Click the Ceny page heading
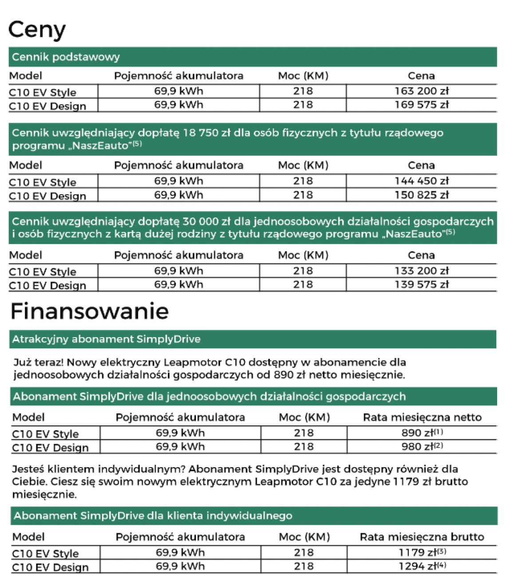[37, 30]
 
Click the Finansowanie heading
[89, 311]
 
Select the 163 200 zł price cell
[421, 91]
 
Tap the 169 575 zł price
[421, 105]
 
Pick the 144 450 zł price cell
[421, 181]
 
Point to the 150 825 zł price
[421, 195]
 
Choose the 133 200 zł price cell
[421, 271]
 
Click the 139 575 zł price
[421, 284]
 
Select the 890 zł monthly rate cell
[422, 433]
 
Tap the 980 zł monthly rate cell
[422, 446]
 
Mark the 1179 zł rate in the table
[422, 552]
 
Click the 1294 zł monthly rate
[422, 566]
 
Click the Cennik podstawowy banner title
[66, 57]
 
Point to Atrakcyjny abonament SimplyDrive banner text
[106, 339]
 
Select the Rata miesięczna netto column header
[422, 417]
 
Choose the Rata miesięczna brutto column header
[422, 537]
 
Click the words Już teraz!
[38, 362]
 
